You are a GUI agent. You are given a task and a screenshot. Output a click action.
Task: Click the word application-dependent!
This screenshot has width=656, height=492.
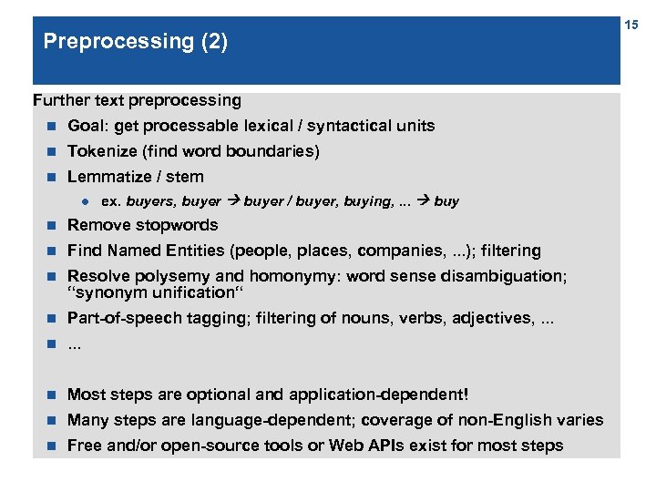379,395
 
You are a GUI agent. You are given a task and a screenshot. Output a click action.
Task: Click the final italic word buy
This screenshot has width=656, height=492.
446,201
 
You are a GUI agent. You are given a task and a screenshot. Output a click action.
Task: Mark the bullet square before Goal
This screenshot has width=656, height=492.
52,126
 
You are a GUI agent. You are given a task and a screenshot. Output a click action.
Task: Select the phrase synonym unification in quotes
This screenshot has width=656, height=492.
151,292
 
